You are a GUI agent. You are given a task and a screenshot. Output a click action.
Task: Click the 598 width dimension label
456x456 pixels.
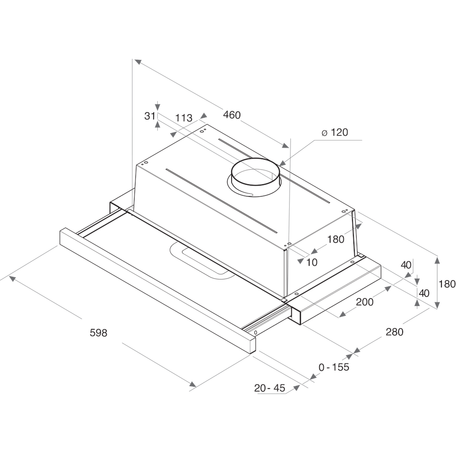coord(98,333)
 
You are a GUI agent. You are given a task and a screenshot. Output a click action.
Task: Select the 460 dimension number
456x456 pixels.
coord(232,115)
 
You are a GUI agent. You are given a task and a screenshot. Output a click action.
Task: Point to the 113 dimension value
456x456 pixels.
coord(184,118)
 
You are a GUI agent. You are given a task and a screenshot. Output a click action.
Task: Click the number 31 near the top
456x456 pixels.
coord(150,116)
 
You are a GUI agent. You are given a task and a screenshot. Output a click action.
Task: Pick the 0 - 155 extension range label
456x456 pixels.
coord(334,367)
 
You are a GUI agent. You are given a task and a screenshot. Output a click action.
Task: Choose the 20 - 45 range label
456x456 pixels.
coord(269,388)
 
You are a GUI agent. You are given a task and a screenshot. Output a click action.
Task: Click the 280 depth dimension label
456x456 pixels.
coord(394,332)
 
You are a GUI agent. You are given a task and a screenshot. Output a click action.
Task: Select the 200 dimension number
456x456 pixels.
coord(364,302)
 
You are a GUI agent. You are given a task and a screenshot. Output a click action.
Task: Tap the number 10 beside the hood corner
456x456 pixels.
coord(312,262)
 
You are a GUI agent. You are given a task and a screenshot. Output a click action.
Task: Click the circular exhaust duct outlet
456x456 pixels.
coord(255,176)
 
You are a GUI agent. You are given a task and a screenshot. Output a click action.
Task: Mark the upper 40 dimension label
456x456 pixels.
coord(406,264)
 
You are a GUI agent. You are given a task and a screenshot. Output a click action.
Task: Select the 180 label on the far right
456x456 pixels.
coord(447,284)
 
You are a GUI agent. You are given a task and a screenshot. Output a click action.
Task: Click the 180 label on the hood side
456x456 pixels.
coord(336,239)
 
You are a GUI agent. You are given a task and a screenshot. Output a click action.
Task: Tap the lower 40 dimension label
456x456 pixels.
coord(424,293)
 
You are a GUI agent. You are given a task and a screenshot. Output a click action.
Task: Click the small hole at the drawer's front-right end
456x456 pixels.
coord(255,332)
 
